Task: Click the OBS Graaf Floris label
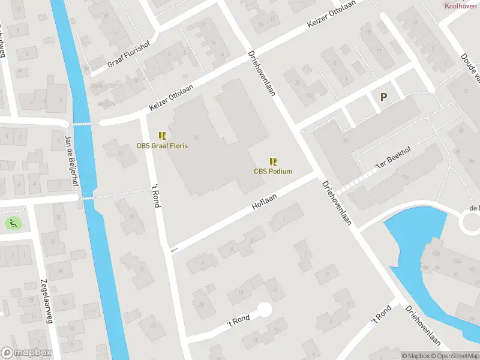(162, 146)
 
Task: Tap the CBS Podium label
(273, 172)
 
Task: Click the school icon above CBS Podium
(273, 161)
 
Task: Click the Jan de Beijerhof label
(72, 161)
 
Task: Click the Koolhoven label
(460, 5)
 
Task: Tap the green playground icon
(13, 223)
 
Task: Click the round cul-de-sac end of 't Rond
(264, 309)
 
